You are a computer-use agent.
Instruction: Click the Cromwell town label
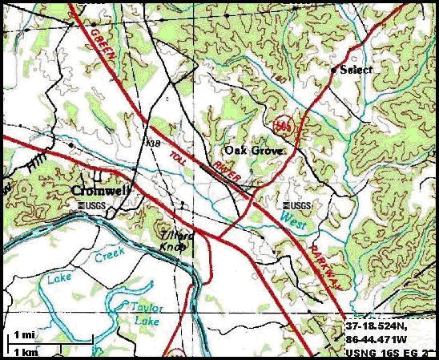coord(100,191)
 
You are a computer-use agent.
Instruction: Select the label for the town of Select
coord(356,70)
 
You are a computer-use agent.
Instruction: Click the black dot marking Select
coord(334,69)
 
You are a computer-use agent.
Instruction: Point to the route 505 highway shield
coord(281,125)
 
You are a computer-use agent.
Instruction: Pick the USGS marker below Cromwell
coord(93,205)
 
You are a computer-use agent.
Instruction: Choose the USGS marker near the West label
coord(297,205)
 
